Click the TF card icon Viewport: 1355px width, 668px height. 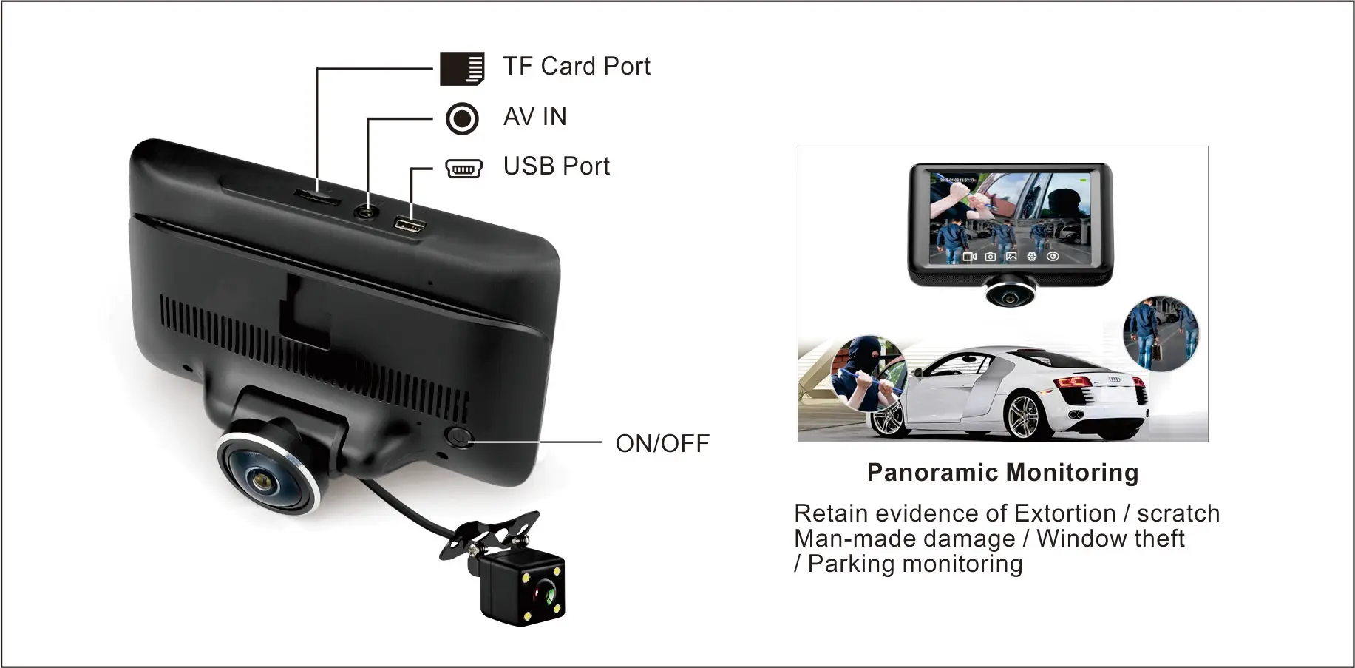[462, 68]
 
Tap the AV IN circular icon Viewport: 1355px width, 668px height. [462, 118]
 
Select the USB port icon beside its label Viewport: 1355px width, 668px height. [463, 169]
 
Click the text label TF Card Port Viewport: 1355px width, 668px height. [577, 67]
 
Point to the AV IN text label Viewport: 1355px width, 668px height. [534, 117]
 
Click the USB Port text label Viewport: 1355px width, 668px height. [556, 166]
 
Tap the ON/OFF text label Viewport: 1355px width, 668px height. [662, 444]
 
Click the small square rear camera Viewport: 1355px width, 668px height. [523, 592]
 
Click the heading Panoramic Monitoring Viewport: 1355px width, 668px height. [1002, 473]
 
